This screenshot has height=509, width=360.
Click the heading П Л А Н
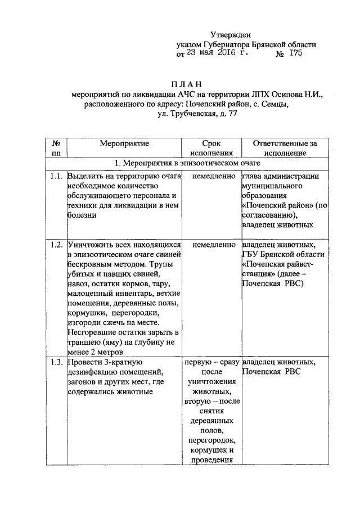(196, 84)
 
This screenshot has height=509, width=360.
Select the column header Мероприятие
(124, 143)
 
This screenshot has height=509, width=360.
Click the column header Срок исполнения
(211, 147)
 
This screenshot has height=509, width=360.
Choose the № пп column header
(55, 147)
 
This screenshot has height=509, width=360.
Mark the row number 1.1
(55, 176)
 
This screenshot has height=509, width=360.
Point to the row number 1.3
(55, 362)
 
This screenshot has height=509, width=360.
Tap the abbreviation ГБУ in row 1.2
(250, 255)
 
